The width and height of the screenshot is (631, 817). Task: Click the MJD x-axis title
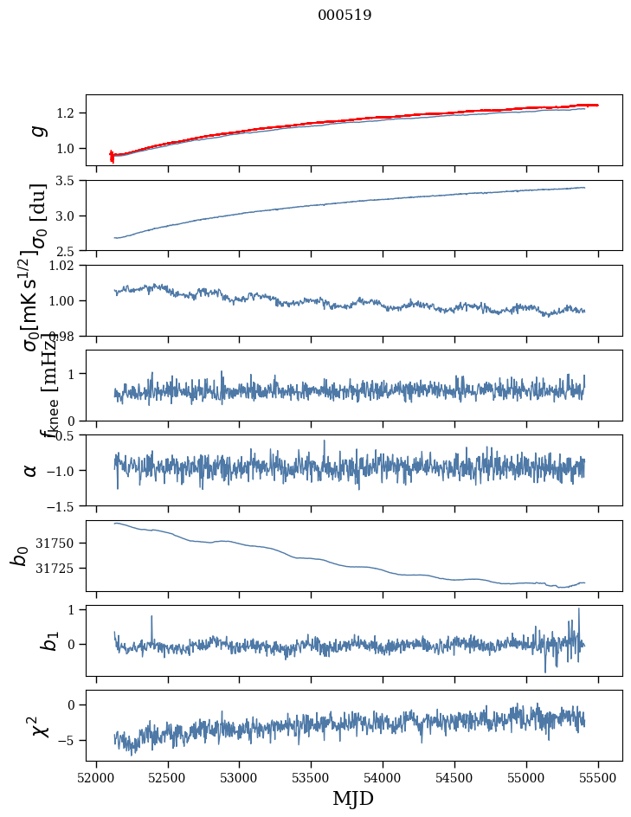353,799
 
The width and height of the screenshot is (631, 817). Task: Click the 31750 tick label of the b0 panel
61,544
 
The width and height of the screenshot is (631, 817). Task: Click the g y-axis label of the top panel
36,130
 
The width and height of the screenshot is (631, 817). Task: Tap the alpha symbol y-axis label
31,470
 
